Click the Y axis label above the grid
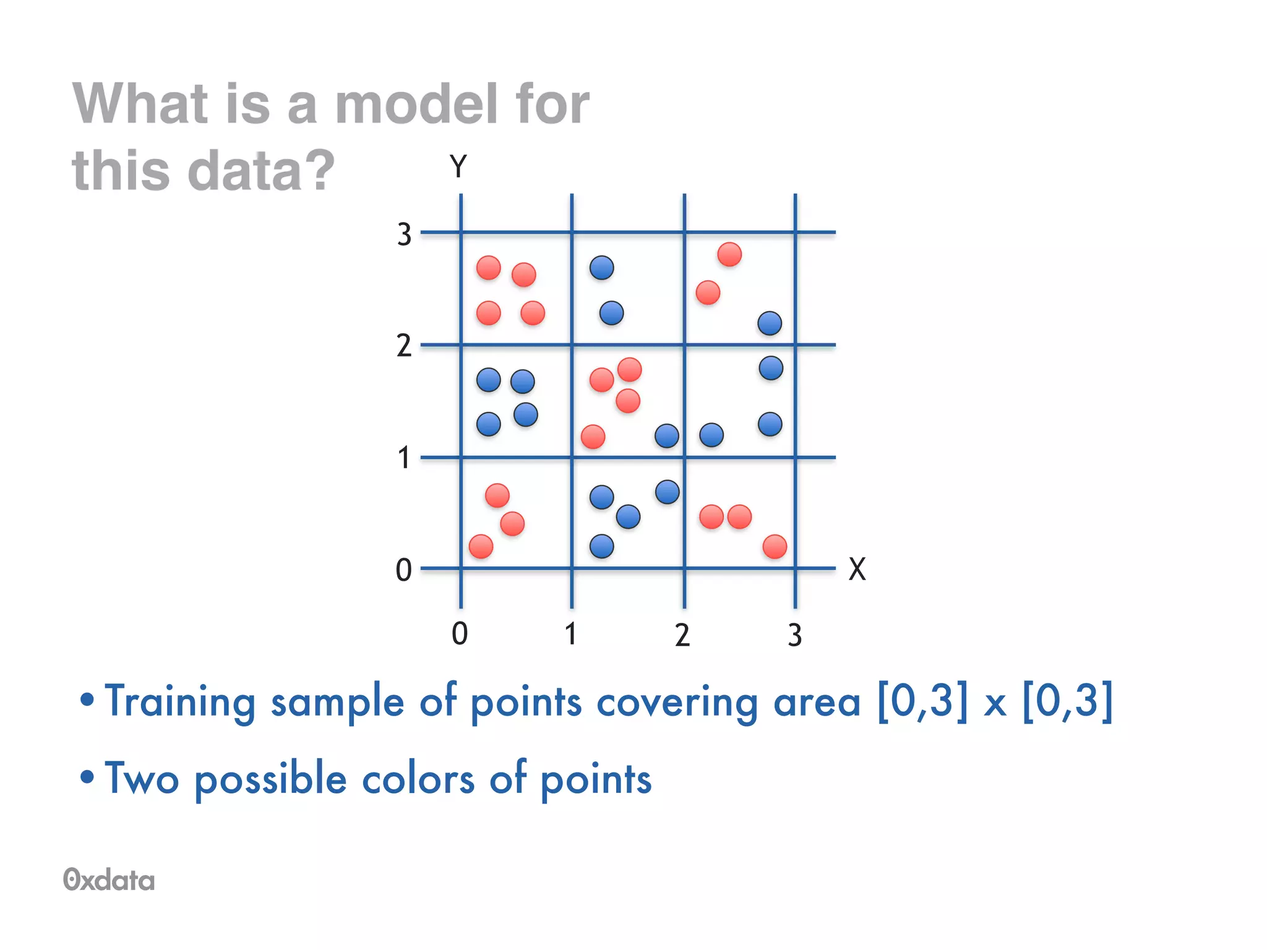[458, 166]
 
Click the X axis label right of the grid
[857, 569]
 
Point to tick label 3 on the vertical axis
[404, 235]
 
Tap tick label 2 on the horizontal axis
[682, 635]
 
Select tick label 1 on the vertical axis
[404, 458]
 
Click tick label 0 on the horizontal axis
[459, 634]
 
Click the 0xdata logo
[109, 879]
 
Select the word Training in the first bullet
[179, 702]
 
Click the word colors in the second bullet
[418, 779]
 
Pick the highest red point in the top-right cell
[729, 254]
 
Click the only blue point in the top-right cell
[770, 323]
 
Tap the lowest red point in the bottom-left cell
[481, 547]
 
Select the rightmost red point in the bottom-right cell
[775, 547]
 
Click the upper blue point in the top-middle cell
[601, 268]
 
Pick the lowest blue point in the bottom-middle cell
[601, 546]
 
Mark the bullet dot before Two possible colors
[87, 777]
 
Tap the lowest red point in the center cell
[593, 437]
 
